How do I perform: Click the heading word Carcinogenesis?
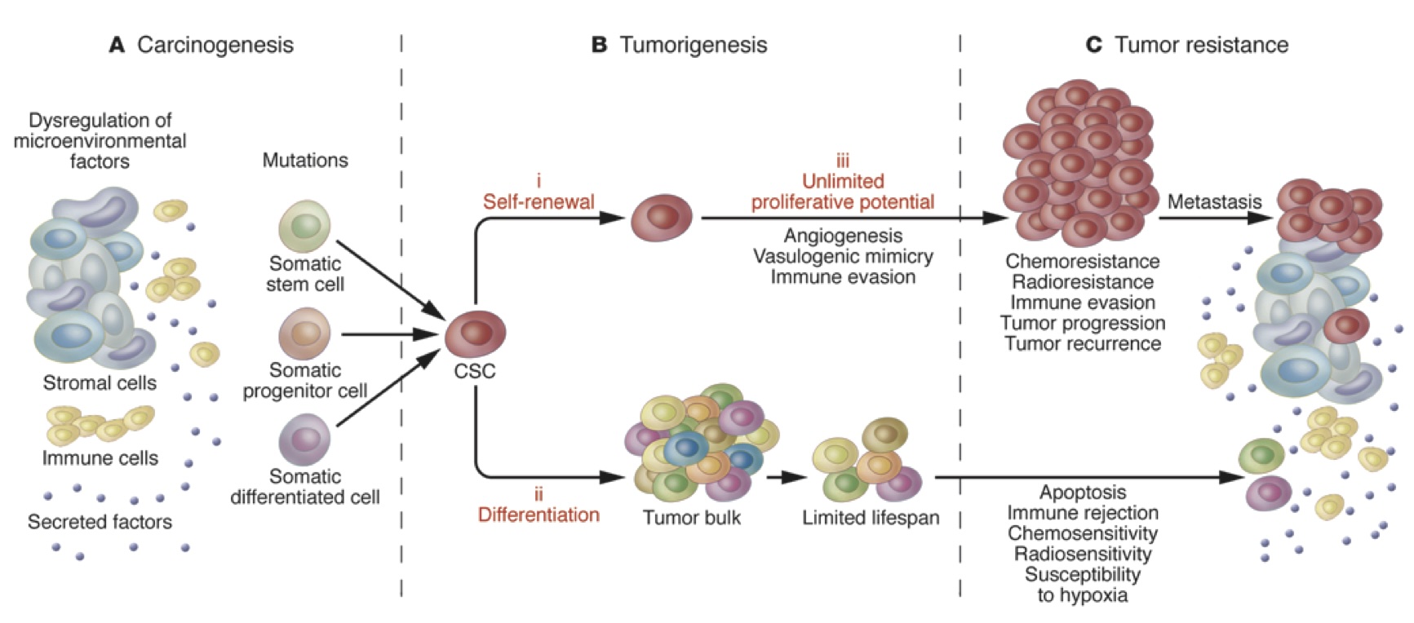215,45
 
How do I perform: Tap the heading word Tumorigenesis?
693,45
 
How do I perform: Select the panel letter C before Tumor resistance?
1093,45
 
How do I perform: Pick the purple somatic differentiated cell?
304,439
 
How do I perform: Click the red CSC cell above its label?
475,333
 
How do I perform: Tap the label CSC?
475,372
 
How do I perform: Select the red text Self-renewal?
539,201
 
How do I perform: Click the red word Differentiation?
539,515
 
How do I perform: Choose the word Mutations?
305,161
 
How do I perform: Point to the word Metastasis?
1214,201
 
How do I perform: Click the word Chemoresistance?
1082,262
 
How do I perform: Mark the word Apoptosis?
1082,493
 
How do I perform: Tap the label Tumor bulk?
692,518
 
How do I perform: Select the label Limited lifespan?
871,518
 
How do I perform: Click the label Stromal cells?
100,383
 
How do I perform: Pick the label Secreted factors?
100,522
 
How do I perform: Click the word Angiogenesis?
843,236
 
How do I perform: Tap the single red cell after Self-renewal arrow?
662,218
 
